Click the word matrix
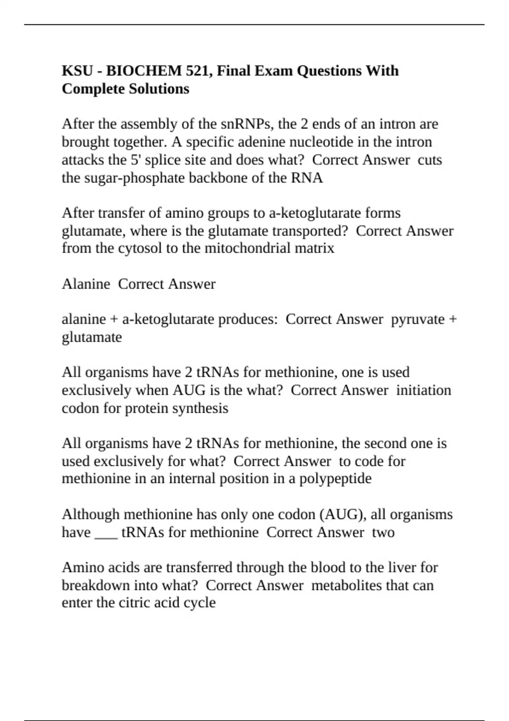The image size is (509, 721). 314,248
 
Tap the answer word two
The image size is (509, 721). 383,533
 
